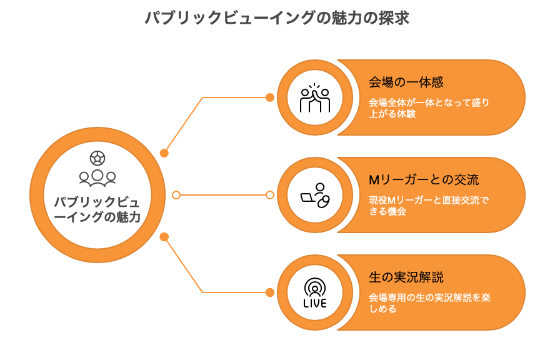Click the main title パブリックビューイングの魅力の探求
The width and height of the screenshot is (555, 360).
tap(277, 17)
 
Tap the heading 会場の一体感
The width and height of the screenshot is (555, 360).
tap(406, 82)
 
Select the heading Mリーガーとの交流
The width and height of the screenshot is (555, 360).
tap(424, 180)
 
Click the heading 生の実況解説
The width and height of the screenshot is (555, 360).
tap(406, 277)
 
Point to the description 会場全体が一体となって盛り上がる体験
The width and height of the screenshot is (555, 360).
tap(429, 108)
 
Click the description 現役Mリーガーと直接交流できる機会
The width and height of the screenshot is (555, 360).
tap(429, 206)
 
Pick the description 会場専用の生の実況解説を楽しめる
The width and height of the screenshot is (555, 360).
tap(430, 303)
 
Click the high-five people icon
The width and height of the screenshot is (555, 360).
tap(314, 97)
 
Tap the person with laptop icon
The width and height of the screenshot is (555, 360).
tap(315, 195)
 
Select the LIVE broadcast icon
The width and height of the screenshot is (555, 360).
tap(314, 292)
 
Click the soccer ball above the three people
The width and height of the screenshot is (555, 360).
tap(97, 158)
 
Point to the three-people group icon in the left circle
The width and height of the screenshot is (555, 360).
tap(97, 178)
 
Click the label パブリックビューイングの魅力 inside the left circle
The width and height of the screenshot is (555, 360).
tap(97, 209)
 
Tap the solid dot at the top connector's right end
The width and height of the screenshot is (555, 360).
tap(270, 97)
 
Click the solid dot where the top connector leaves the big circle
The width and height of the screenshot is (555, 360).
tap(164, 153)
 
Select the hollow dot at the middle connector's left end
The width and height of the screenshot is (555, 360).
tap(176, 195)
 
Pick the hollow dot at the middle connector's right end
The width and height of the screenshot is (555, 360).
tap(270, 195)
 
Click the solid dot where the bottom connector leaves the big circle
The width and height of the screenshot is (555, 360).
tap(164, 237)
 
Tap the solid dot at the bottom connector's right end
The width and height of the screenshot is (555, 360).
tap(270, 292)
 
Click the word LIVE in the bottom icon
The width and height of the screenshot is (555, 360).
tap(314, 303)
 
